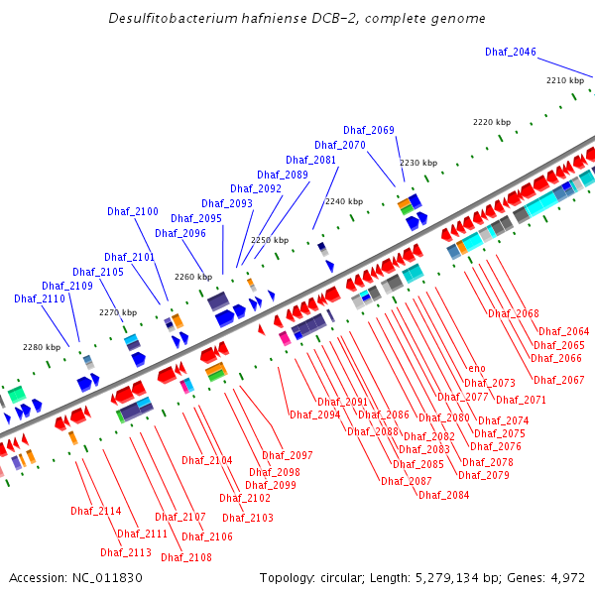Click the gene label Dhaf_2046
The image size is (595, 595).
point(511,52)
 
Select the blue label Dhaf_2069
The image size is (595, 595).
point(369,130)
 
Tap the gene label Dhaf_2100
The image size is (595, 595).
point(133,211)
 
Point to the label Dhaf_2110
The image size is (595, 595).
point(40,298)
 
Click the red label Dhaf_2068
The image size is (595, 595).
point(514,313)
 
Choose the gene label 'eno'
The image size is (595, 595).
point(477,369)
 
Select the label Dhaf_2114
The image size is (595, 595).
point(96,511)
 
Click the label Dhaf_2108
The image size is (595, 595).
point(186,557)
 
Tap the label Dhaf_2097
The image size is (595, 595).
point(288,455)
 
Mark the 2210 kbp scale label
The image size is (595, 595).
point(565,80)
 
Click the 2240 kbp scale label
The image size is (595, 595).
point(343,201)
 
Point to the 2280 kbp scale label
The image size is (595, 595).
point(42,347)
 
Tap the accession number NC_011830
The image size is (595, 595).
point(105,577)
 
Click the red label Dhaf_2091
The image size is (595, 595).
point(343,402)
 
